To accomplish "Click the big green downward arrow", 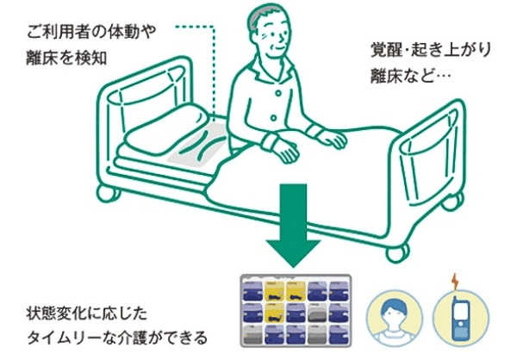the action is pyautogui.click(x=293, y=224).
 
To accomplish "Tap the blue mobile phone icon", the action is pyautogui.click(x=461, y=318).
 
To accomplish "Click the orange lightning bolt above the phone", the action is pyautogui.click(x=455, y=282).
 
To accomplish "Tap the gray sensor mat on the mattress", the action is pyautogui.click(x=197, y=145).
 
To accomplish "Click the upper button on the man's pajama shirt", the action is pyautogui.click(x=278, y=93).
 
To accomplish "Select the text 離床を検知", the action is pyautogui.click(x=66, y=58).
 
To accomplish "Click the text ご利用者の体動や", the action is pyautogui.click(x=91, y=33).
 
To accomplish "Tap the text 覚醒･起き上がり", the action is pyautogui.click(x=431, y=50).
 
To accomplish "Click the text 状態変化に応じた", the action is pyautogui.click(x=87, y=313).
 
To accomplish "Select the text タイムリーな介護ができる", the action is pyautogui.click(x=117, y=338).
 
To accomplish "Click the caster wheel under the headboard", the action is pyautogui.click(x=108, y=193).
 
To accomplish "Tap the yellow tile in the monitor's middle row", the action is pyautogui.click(x=274, y=313).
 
